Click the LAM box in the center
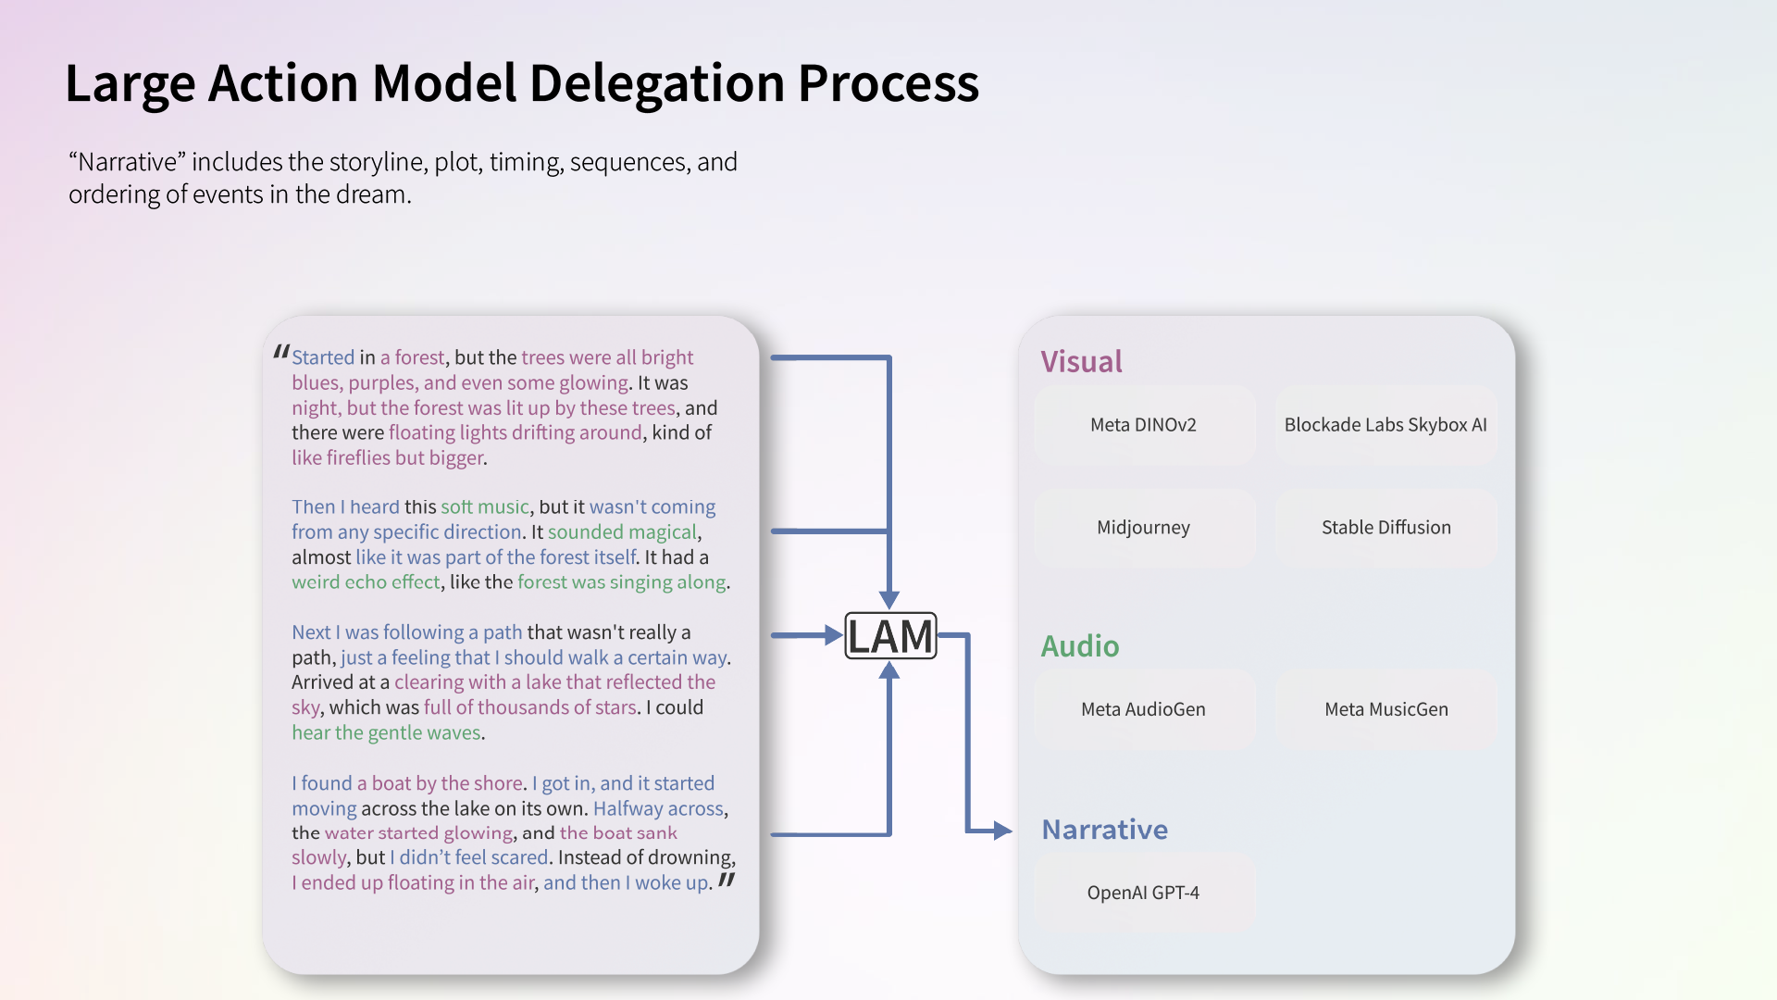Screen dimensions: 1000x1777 (x=890, y=636)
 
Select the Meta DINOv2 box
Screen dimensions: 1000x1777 (x=1143, y=425)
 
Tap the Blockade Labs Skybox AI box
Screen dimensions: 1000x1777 (x=1386, y=425)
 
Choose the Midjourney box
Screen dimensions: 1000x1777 (x=1143, y=528)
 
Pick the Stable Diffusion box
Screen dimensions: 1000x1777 (x=1386, y=528)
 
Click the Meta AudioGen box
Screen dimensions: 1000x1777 (x=1143, y=709)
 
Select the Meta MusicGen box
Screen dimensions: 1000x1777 (x=1386, y=709)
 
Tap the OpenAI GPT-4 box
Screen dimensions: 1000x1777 (x=1143, y=893)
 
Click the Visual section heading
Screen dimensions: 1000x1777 (x=1081, y=361)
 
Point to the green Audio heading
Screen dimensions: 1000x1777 (x=1079, y=645)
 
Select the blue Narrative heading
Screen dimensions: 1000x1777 (x=1104, y=830)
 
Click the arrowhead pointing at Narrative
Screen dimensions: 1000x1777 (x=1002, y=831)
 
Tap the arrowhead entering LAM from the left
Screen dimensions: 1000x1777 (x=833, y=635)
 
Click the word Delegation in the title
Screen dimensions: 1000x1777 (x=657, y=83)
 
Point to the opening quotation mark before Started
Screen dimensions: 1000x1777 (x=281, y=353)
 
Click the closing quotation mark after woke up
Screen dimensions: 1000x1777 (x=727, y=880)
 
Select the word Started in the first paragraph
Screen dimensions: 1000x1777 (x=323, y=357)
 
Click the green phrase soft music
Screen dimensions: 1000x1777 (x=484, y=507)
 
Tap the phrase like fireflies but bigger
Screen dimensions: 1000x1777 (x=388, y=457)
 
